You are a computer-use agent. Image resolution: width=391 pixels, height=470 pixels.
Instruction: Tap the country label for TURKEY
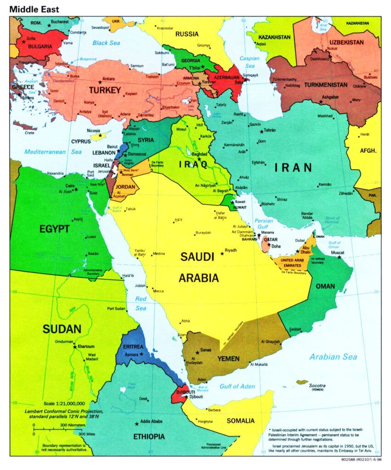click(x=104, y=90)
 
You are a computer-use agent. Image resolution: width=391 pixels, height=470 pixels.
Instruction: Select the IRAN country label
click(x=294, y=168)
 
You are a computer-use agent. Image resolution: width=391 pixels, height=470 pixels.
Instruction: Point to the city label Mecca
click(x=158, y=291)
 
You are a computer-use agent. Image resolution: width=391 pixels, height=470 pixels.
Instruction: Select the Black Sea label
click(x=106, y=43)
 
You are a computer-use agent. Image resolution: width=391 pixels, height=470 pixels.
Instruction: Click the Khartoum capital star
click(x=74, y=347)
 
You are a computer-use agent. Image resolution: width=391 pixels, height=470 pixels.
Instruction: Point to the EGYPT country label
click(x=54, y=229)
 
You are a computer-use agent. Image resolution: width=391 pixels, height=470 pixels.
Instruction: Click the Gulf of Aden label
click(x=237, y=386)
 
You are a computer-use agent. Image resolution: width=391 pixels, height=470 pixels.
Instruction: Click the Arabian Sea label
click(x=333, y=357)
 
